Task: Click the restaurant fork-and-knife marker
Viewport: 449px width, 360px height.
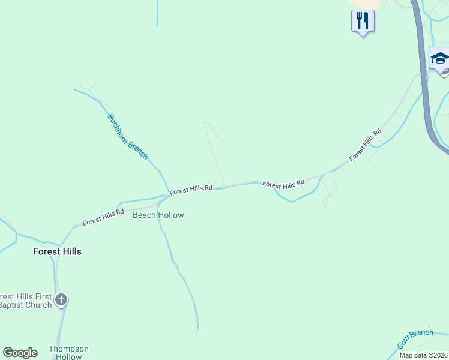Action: [x=363, y=22]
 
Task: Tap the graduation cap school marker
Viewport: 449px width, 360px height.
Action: [x=439, y=59]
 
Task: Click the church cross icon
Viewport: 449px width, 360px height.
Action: [x=61, y=299]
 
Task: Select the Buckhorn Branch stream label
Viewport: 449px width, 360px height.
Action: [x=127, y=136]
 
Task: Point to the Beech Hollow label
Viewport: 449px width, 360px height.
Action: [x=158, y=215]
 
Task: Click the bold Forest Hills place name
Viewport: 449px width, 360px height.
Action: [x=57, y=251]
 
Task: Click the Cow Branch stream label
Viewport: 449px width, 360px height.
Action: [x=415, y=339]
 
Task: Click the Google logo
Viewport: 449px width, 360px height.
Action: [x=20, y=353]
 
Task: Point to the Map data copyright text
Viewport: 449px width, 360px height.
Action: [x=424, y=355]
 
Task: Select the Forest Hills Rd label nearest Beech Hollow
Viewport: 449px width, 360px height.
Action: [x=103, y=217]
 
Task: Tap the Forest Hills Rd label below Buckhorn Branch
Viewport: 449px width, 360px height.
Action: [x=191, y=190]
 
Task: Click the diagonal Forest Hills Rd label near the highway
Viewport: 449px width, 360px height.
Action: [x=366, y=145]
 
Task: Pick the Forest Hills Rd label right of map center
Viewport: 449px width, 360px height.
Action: [x=283, y=184]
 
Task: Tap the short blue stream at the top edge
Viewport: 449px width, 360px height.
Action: [x=157, y=12]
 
